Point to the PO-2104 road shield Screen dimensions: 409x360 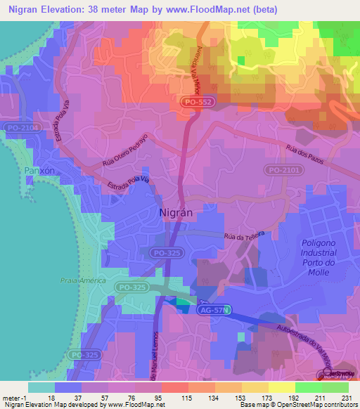[17, 128]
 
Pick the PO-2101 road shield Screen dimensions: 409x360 [282, 170]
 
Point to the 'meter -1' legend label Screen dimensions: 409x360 [14, 397]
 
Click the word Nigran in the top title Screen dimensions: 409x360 [25, 9]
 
